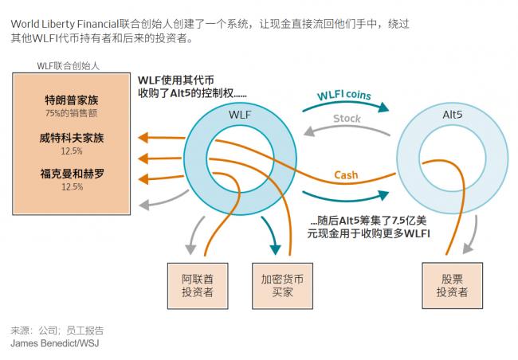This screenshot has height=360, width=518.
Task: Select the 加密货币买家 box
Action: [277, 285]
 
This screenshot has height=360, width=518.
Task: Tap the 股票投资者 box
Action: [451, 285]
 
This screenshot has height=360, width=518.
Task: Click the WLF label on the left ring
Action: [239, 115]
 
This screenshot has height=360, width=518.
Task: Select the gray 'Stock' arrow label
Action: [346, 119]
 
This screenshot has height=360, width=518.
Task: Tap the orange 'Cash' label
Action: [346, 174]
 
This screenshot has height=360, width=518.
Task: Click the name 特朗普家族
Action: [72, 100]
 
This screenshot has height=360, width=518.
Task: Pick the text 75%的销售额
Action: [72, 115]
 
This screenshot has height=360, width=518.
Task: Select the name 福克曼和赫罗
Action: [72, 173]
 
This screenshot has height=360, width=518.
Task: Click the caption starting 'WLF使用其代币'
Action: [191, 86]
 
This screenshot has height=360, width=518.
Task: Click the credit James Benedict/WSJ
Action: [56, 343]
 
